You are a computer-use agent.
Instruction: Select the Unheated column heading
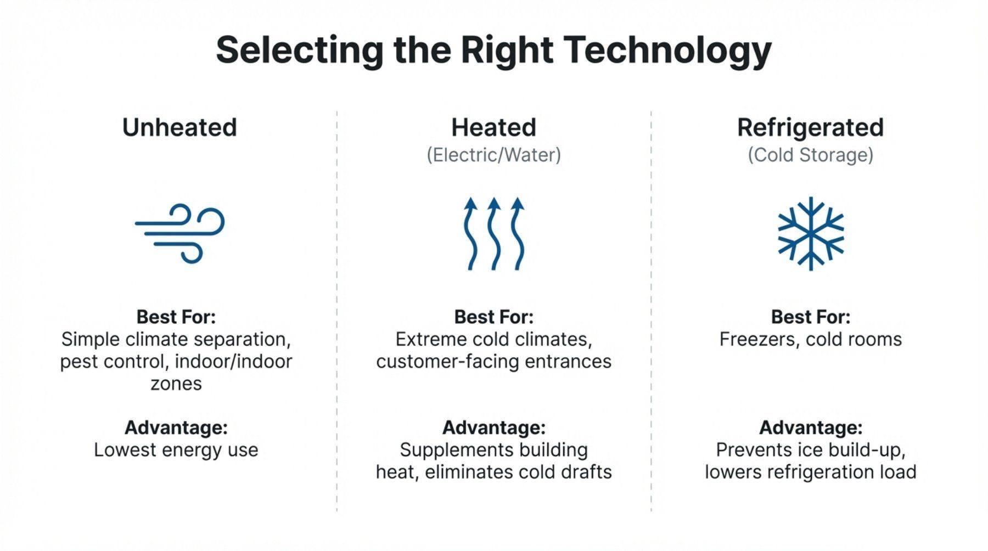[x=179, y=127]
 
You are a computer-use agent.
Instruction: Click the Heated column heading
[x=493, y=127]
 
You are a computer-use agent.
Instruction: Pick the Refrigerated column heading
[x=810, y=128]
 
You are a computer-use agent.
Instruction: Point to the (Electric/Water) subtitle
[x=493, y=155]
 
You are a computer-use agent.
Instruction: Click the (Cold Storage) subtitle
[x=810, y=155]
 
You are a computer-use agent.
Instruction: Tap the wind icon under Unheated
[x=180, y=233]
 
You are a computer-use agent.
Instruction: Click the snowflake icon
[x=811, y=234]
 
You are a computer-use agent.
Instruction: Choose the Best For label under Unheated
[x=176, y=317]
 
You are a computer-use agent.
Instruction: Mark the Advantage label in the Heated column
[x=493, y=428]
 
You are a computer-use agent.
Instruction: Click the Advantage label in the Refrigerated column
[x=811, y=428]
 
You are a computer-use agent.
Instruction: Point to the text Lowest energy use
[x=176, y=450]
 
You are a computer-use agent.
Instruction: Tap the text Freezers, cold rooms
[x=810, y=339]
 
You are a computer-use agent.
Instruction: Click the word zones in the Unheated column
[x=176, y=384]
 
